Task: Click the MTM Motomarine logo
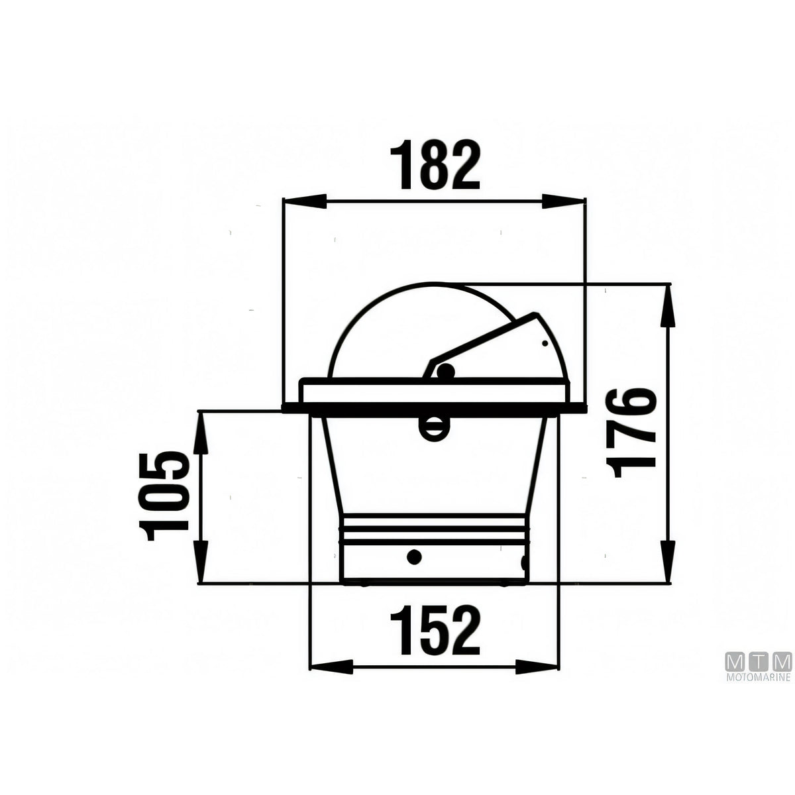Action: point(759,671)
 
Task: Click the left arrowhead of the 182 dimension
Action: point(304,201)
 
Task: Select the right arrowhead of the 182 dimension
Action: point(564,201)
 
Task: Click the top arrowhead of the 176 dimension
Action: point(668,305)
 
